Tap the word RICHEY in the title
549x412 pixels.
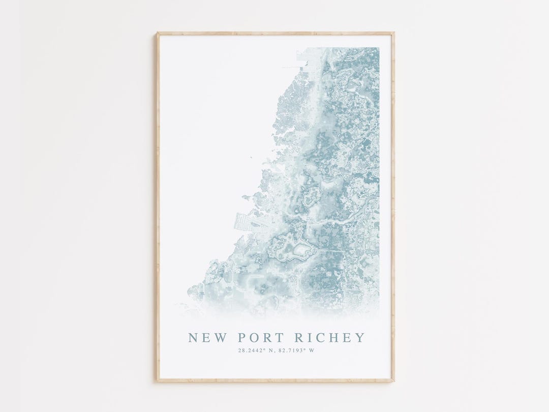(330, 338)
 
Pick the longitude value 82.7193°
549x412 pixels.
(291, 350)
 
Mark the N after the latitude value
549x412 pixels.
(269, 350)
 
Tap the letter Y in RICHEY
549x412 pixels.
(360, 338)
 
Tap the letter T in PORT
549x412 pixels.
(275, 338)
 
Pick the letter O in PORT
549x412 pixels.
(253, 338)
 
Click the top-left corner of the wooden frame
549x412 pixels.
(157, 34)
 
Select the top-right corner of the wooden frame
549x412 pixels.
(393, 34)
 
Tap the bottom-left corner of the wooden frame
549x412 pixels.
(157, 380)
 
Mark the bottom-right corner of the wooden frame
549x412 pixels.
(393, 380)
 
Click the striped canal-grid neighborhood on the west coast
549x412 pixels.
(243, 224)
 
